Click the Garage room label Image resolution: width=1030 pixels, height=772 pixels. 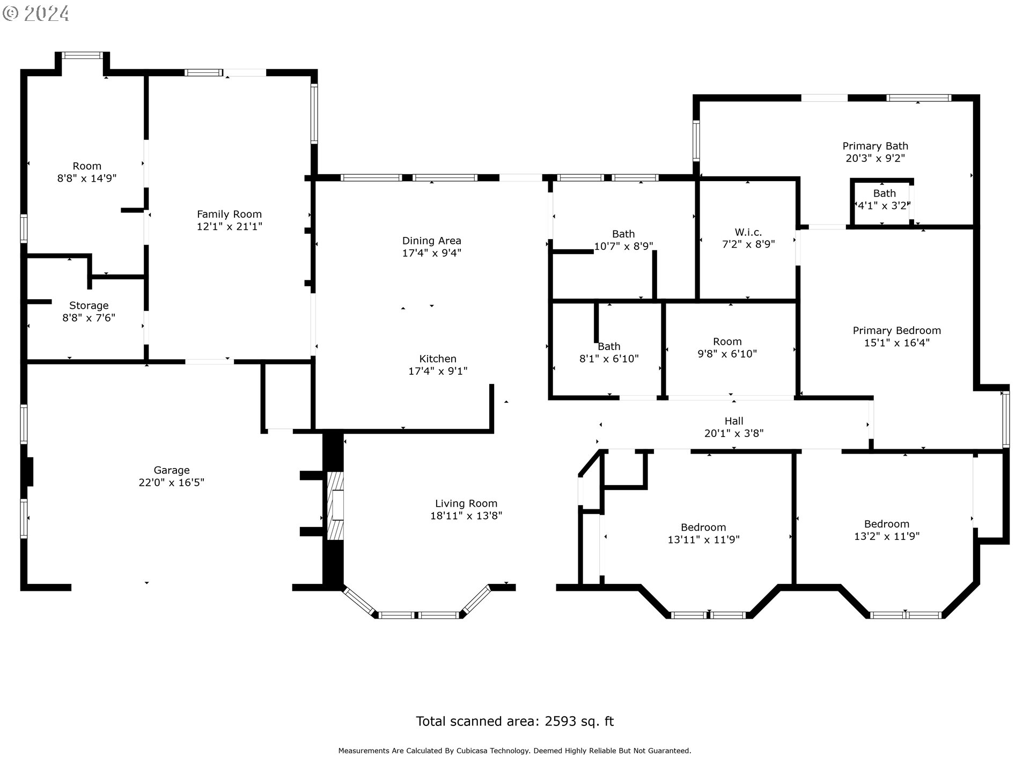pyautogui.click(x=171, y=470)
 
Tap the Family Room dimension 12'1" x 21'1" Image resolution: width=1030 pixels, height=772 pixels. pyautogui.click(x=229, y=226)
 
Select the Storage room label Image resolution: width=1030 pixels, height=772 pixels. pyautogui.click(x=89, y=306)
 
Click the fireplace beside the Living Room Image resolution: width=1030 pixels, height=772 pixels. pyautogui.click(x=336, y=505)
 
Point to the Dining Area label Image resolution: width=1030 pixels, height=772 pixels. pyautogui.click(x=431, y=241)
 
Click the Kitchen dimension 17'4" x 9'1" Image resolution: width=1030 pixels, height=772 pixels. pyautogui.click(x=438, y=371)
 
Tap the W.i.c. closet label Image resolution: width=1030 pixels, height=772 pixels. pyautogui.click(x=748, y=232)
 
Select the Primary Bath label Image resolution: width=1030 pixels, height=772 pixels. pyautogui.click(x=875, y=146)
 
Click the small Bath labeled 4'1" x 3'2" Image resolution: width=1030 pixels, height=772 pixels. pyautogui.click(x=884, y=199)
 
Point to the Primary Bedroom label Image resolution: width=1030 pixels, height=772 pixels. pyautogui.click(x=896, y=330)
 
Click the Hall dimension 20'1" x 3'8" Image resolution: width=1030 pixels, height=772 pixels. pyautogui.click(x=733, y=433)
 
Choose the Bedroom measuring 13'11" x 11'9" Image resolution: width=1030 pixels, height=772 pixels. pyautogui.click(x=703, y=533)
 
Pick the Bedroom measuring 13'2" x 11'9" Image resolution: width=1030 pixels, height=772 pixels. pyautogui.click(x=886, y=530)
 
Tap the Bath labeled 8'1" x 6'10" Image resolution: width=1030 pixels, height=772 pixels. pyautogui.click(x=609, y=352)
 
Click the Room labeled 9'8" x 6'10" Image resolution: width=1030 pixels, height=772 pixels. pyautogui.click(x=727, y=347)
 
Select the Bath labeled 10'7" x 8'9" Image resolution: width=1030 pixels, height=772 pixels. pyautogui.click(x=623, y=240)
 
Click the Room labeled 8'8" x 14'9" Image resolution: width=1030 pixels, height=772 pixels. pyautogui.click(x=87, y=172)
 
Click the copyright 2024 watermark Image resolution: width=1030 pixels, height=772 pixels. pyautogui.click(x=36, y=13)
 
